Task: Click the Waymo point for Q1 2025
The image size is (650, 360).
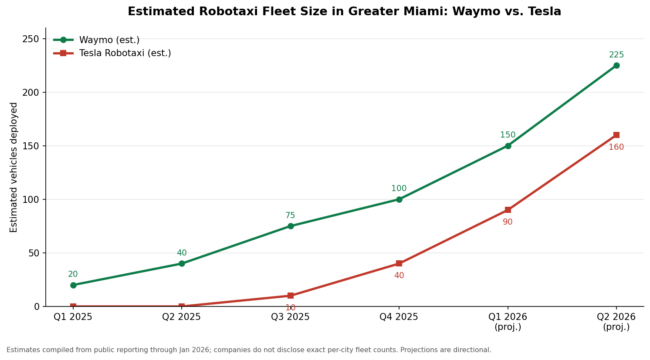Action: click(x=73, y=285)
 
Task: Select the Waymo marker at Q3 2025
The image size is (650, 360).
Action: click(x=291, y=226)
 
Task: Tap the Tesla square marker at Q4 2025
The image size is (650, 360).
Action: click(x=399, y=263)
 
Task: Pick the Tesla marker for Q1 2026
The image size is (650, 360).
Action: click(x=508, y=210)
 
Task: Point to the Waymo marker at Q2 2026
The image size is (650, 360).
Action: click(x=616, y=66)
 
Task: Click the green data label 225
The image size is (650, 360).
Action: click(x=616, y=55)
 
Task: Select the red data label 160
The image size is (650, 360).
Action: click(x=616, y=147)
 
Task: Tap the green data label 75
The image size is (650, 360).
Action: click(x=290, y=215)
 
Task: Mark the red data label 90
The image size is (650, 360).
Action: click(x=507, y=222)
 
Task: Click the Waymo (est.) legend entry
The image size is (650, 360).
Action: click(x=97, y=40)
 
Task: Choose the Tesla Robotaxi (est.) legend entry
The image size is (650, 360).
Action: click(x=112, y=53)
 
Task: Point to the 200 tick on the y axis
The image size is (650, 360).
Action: click(x=33, y=92)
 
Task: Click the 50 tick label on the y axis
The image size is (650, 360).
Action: click(x=36, y=253)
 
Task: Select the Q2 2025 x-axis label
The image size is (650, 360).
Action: click(x=181, y=317)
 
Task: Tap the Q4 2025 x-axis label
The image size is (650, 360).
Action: click(x=399, y=317)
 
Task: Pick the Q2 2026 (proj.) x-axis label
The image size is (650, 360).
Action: click(x=616, y=321)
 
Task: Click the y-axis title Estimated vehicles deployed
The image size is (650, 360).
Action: click(x=14, y=168)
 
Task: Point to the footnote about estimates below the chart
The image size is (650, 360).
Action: click(x=249, y=350)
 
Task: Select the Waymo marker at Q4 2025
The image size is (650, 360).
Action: click(x=399, y=199)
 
